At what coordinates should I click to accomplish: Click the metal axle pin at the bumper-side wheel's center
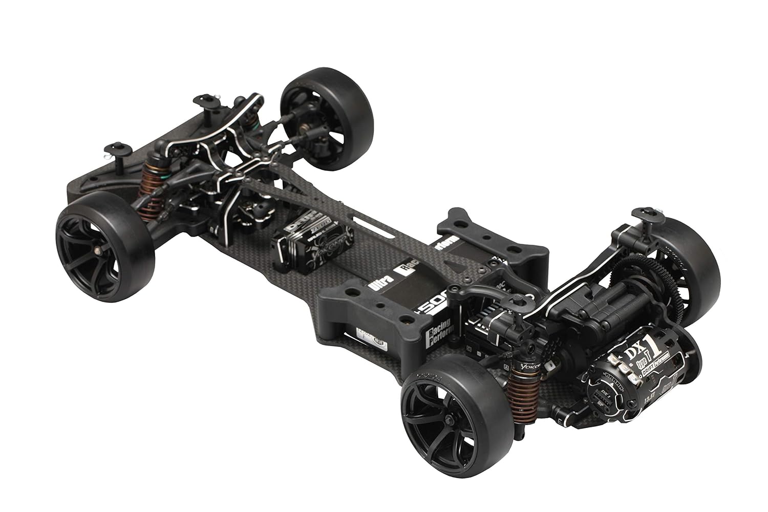[98, 251]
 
